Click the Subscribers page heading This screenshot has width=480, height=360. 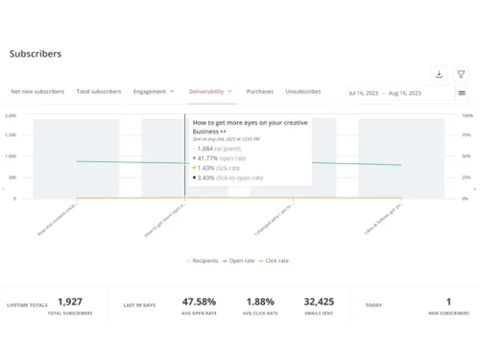[36, 54]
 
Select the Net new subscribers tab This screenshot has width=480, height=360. [37, 92]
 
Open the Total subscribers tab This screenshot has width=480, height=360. [99, 92]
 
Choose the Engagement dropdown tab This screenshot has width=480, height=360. [154, 92]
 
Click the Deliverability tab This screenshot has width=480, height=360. [210, 92]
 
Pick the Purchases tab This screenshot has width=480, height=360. [260, 92]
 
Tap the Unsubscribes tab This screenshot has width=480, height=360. [303, 92]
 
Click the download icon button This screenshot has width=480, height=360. [439, 74]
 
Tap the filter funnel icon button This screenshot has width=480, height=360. [462, 74]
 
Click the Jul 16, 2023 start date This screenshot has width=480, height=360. [365, 93]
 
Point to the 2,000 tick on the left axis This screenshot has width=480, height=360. [12, 115]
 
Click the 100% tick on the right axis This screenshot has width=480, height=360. [467, 115]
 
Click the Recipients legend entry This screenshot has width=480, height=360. [203, 260]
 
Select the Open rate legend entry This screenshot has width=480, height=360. [240, 260]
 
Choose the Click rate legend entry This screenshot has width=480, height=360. [276, 260]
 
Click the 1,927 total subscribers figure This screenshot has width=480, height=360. [70, 301]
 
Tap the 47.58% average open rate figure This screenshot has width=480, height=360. [199, 301]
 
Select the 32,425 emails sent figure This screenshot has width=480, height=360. [319, 301]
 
